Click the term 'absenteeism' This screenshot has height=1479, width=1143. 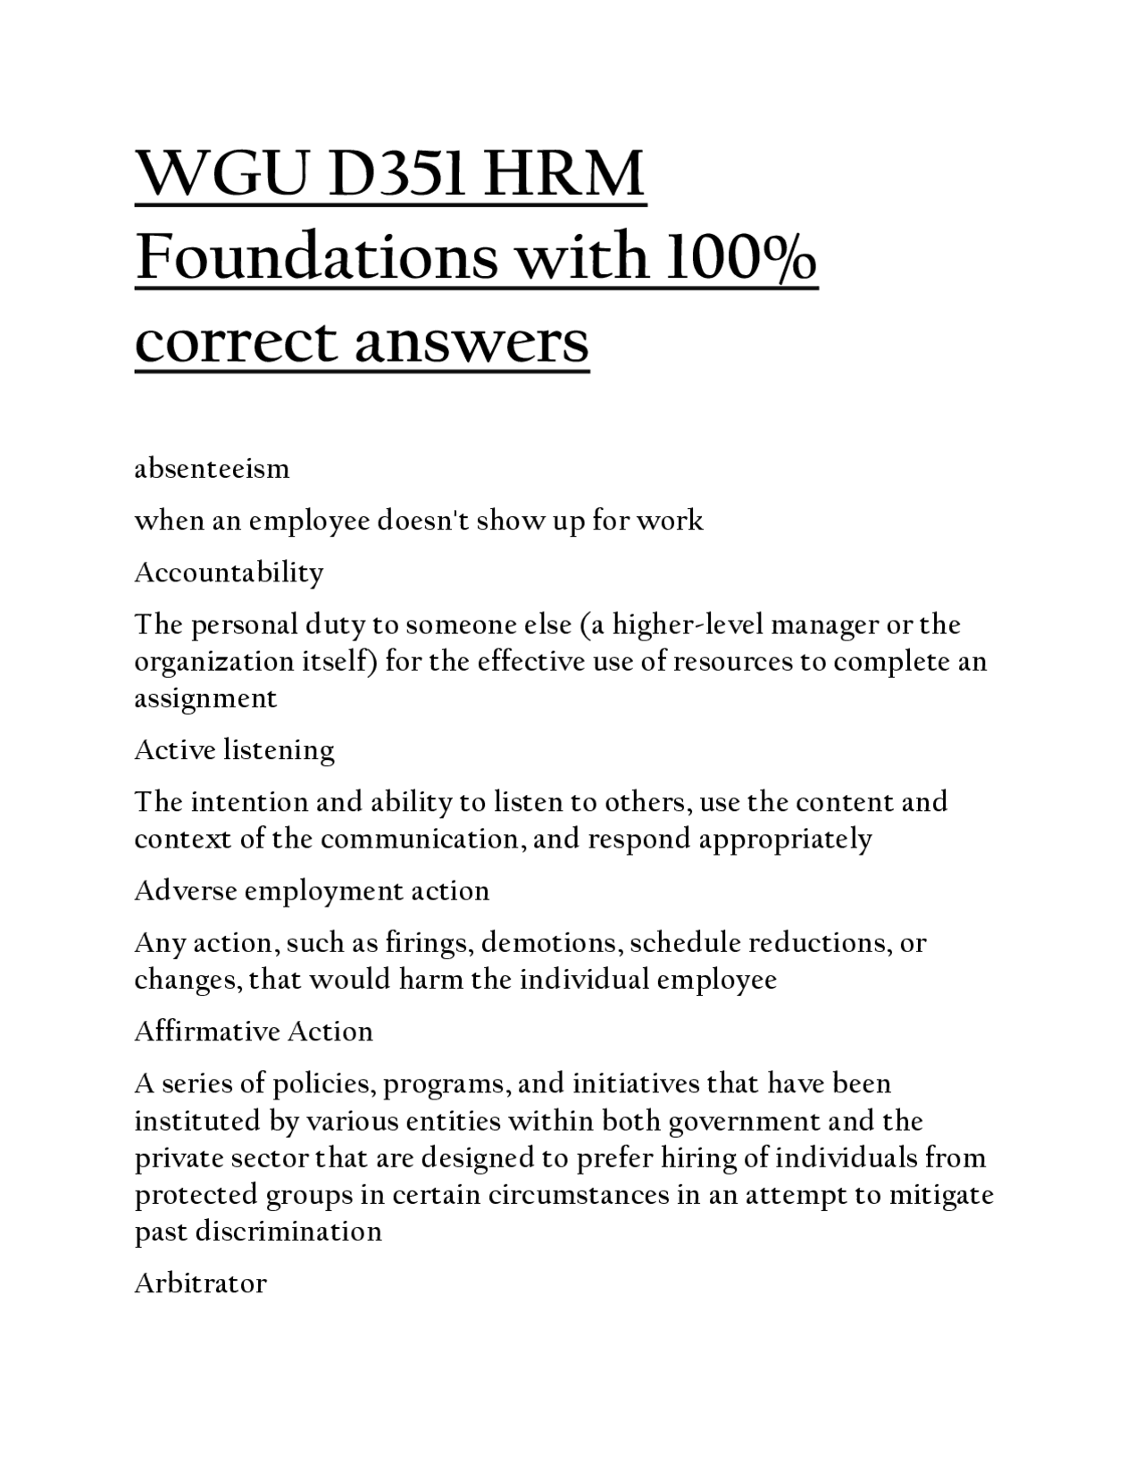212,468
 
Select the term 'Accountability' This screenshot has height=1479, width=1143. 229,572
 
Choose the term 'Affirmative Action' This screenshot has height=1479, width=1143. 254,1032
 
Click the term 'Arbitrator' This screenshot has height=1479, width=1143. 200,1283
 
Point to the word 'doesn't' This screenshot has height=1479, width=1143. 424,520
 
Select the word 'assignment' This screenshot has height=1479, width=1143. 205,698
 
